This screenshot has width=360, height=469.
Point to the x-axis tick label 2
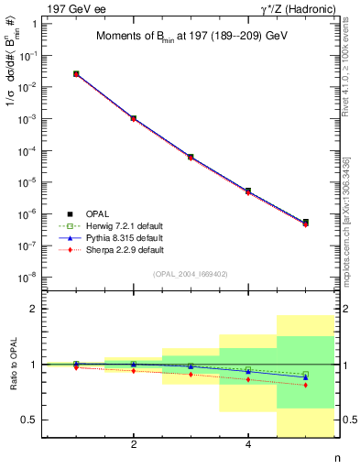[134, 445]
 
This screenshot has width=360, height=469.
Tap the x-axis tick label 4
[248, 445]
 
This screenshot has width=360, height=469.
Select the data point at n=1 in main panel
[76, 73]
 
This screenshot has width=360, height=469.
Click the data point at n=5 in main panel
[306, 223]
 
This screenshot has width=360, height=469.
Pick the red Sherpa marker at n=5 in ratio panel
[306, 385]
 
